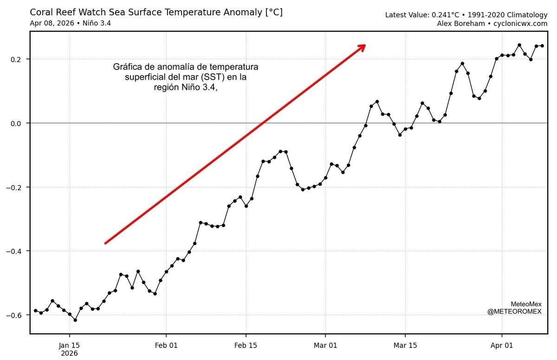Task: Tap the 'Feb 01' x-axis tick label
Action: [166, 345]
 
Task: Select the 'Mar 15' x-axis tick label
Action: [405, 345]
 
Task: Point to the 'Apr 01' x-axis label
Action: [502, 345]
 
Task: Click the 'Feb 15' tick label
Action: [246, 345]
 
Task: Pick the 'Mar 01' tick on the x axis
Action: [325, 345]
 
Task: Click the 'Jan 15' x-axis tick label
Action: [70, 345]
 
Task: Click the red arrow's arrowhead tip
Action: [365, 45]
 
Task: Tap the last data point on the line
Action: [542, 45]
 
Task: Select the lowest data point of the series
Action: [75, 320]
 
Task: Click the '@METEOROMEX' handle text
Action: [514, 312]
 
